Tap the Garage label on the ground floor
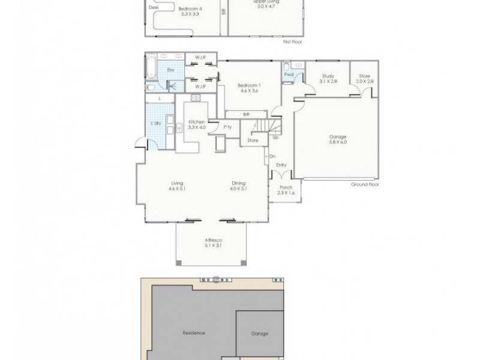tap(338, 137)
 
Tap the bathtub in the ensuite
tap(151, 67)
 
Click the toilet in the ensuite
tap(149, 87)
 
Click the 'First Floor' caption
tap(294, 43)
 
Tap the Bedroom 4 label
tap(190, 8)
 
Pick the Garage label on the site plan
tap(259, 334)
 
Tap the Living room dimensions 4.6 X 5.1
tap(176, 189)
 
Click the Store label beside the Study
tap(364, 76)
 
